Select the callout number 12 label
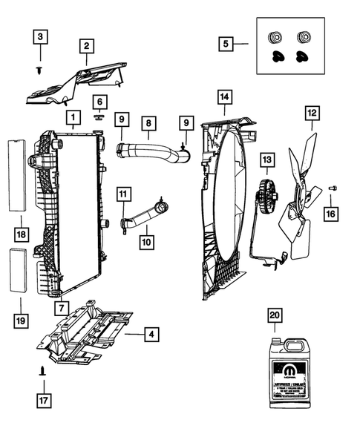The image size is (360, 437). coord(311,114)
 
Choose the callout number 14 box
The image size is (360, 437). coord(225,96)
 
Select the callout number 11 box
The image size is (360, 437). coord(124,194)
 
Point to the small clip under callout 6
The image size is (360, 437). coord(98,116)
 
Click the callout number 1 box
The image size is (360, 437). coord(72,117)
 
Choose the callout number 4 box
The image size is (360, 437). coord(151,335)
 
